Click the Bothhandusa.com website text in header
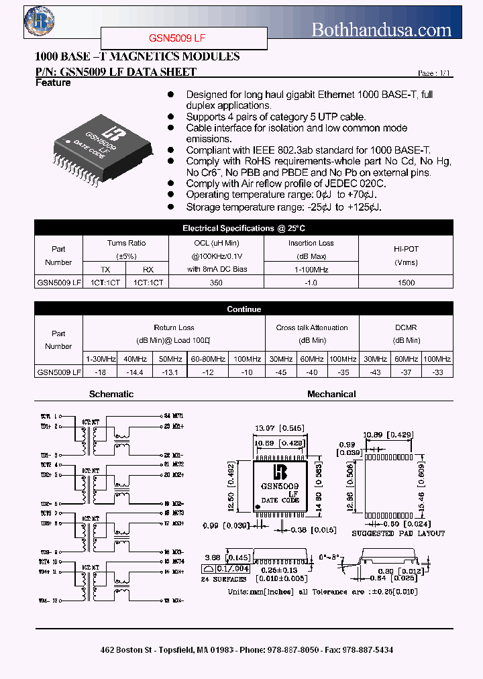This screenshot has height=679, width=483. tap(382, 30)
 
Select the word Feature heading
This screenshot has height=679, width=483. tap(53, 83)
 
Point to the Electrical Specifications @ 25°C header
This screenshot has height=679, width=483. tap(243, 228)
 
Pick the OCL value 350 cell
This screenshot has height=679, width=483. tap(215, 282)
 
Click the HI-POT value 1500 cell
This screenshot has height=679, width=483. tap(406, 282)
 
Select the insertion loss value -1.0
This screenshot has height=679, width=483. tap(311, 282)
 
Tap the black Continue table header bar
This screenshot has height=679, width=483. tap(243, 309)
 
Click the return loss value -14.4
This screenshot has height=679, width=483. tap(136, 371)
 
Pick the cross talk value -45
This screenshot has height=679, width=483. tap(278, 371)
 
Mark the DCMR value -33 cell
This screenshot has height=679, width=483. tap(437, 371)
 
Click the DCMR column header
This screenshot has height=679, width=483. tap(406, 327)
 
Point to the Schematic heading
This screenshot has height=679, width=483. tap(111, 395)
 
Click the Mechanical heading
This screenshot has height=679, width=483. tap(331, 395)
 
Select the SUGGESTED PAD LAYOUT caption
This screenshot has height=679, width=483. tap(398, 533)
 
